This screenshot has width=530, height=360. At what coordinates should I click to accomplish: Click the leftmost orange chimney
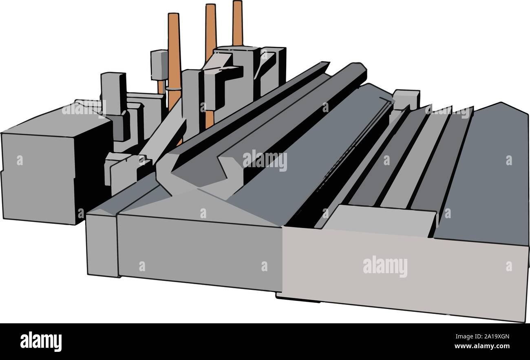click(174, 49)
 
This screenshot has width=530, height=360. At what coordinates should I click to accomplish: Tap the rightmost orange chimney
click(237, 22)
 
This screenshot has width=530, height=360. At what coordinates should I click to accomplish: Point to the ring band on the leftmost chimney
click(173, 88)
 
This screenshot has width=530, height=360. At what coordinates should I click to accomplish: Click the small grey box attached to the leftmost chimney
click(159, 64)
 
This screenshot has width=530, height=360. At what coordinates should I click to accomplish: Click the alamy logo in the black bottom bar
click(41, 341)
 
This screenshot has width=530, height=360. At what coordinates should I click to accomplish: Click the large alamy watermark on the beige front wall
click(385, 267)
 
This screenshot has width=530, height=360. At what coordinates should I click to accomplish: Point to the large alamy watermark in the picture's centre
click(265, 160)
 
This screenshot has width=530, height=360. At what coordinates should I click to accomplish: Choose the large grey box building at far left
click(39, 175)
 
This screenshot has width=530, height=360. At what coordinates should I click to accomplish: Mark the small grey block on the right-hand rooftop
click(406, 99)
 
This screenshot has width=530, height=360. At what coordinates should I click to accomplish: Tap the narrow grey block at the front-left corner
click(102, 245)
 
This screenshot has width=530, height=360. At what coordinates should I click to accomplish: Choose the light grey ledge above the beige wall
click(383, 220)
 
